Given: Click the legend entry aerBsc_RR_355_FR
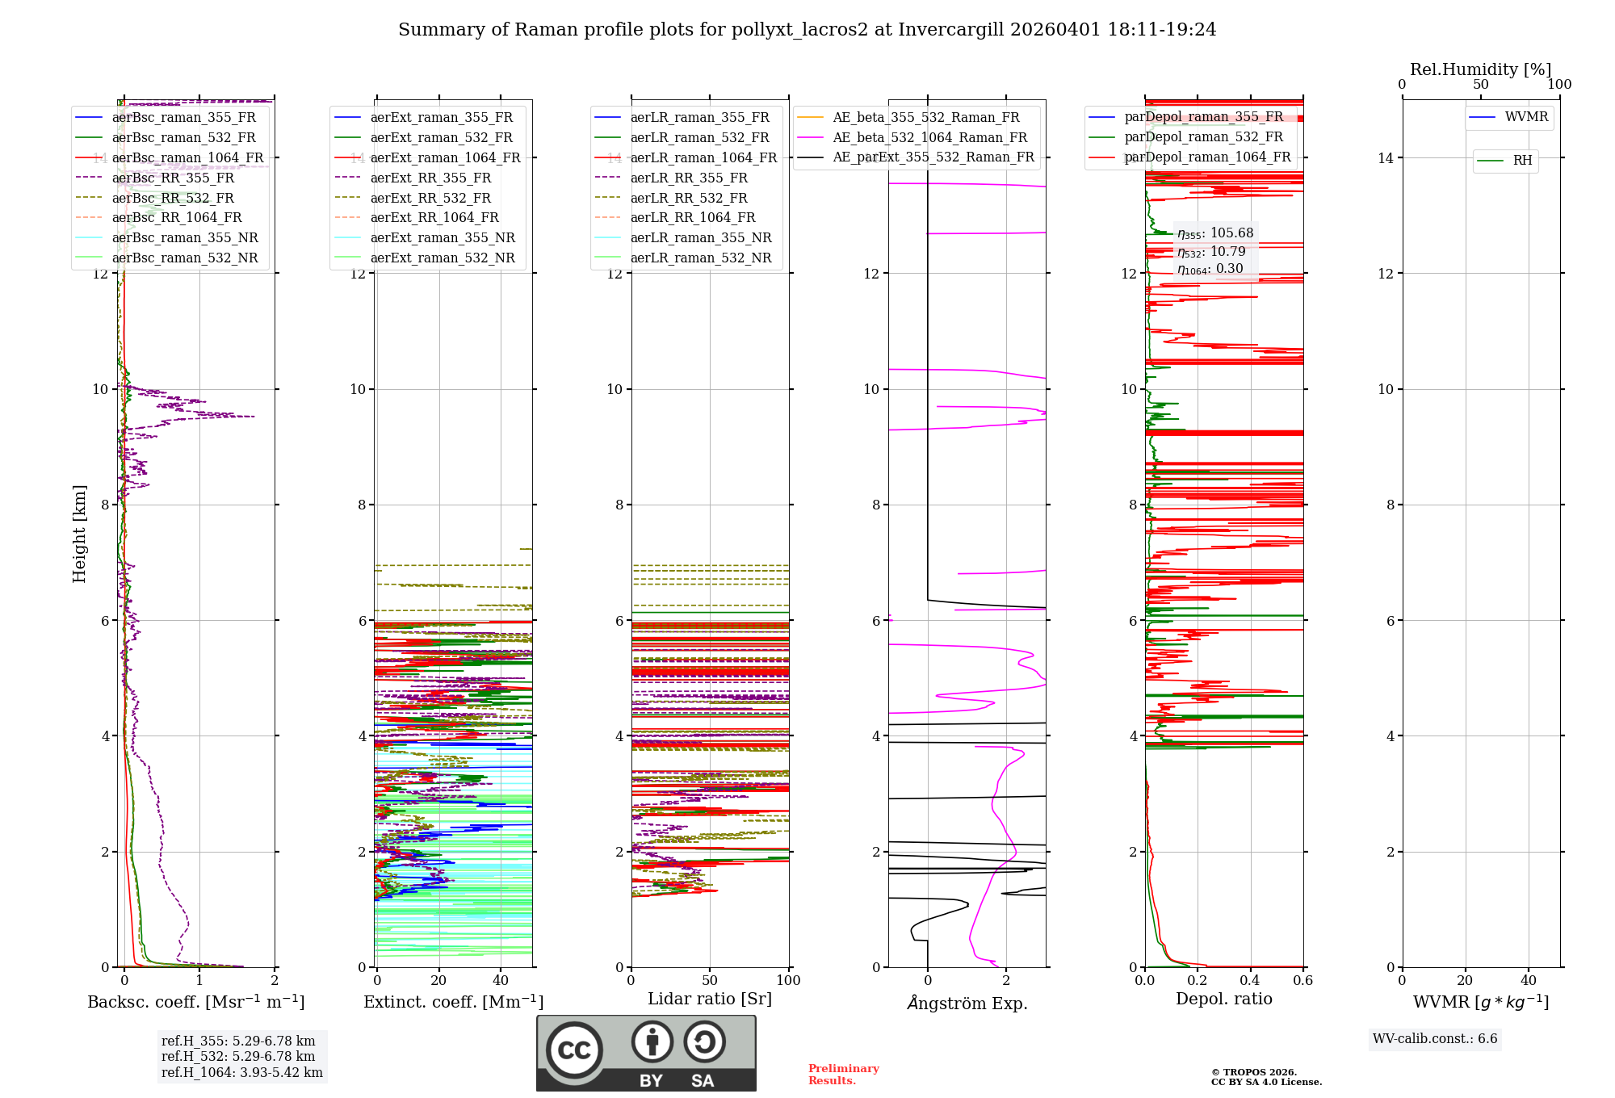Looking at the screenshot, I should pyautogui.click(x=173, y=178).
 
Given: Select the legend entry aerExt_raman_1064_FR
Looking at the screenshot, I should pyautogui.click(x=445, y=157).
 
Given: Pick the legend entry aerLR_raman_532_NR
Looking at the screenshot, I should pyautogui.click(x=700, y=258).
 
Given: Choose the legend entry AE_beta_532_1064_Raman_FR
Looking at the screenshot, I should pyautogui.click(x=929, y=137).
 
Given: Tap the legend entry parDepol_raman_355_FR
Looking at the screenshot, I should pyautogui.click(x=1203, y=117).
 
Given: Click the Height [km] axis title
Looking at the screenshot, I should pyautogui.click(x=79, y=534).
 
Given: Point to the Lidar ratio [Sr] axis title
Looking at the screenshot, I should pyautogui.click(x=709, y=999).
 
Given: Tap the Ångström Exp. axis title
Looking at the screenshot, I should pyautogui.click(x=967, y=1003).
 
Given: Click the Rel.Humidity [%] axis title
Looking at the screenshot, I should pyautogui.click(x=1480, y=69).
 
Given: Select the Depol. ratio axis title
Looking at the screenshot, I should pyautogui.click(x=1223, y=999).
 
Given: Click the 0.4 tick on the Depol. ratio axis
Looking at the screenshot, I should pyautogui.click(x=1250, y=980).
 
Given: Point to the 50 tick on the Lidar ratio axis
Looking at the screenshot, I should pyautogui.click(x=710, y=980).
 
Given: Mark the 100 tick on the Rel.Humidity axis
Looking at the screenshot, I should pyautogui.click(x=1559, y=84).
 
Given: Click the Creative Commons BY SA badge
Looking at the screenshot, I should pyautogui.click(x=646, y=1053).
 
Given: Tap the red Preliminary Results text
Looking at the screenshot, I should pyautogui.click(x=843, y=1074).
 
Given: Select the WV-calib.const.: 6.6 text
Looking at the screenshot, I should pyautogui.click(x=1435, y=1038).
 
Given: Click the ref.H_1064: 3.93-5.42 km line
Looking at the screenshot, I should pyautogui.click(x=241, y=1072).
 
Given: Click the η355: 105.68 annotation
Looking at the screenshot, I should pyautogui.click(x=1214, y=233).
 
